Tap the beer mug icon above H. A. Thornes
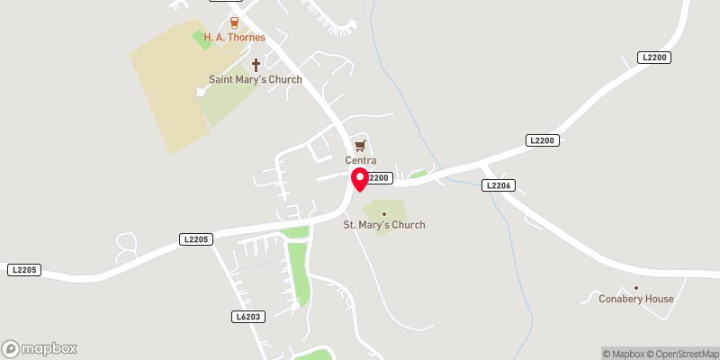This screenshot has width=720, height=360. [x=235, y=22]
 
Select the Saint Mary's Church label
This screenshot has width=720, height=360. [x=256, y=79]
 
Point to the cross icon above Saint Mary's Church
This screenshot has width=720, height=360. [x=256, y=64]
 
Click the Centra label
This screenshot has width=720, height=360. [x=360, y=160]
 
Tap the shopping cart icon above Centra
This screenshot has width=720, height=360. [x=360, y=145]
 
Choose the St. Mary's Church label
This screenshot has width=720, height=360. [x=384, y=225]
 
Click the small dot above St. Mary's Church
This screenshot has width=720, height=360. [x=384, y=213]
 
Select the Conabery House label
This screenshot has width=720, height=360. [x=636, y=299]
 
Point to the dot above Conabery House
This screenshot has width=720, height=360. [x=635, y=287]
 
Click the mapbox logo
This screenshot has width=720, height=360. [x=40, y=348]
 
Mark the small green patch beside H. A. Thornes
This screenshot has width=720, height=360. [x=200, y=40]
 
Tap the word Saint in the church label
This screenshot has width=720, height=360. [x=222, y=79]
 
